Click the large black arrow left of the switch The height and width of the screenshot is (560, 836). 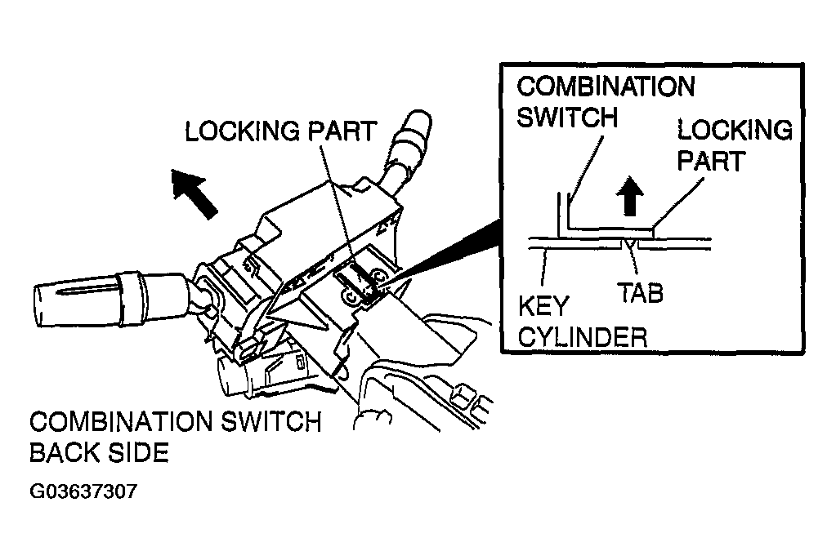(x=194, y=193)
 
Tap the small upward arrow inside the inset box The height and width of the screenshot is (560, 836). (x=630, y=196)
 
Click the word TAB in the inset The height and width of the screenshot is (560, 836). (x=641, y=293)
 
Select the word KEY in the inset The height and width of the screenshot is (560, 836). (x=543, y=306)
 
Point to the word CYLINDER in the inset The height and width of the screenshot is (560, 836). (x=582, y=337)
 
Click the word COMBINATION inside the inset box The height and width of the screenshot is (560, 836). (x=606, y=87)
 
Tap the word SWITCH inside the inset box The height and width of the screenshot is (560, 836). (x=567, y=117)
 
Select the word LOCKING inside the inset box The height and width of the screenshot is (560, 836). (x=735, y=130)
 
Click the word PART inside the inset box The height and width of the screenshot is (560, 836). (x=711, y=160)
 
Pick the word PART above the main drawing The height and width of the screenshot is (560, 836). (x=343, y=131)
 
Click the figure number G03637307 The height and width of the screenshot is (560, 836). (x=83, y=491)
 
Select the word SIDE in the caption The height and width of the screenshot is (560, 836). (x=139, y=453)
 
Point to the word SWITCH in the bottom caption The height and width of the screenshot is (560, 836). (x=270, y=422)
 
